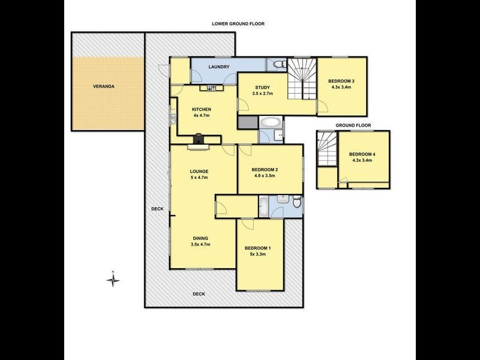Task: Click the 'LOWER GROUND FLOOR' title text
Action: tap(238, 24)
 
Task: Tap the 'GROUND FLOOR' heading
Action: tap(353, 125)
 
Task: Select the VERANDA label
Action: tap(103, 86)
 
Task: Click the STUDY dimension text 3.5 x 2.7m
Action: tap(263, 94)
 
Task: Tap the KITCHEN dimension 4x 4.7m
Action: tap(201, 115)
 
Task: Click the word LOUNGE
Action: tap(199, 172)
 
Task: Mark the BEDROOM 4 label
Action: tap(362, 155)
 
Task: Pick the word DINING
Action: tap(200, 238)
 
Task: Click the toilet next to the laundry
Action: tap(275, 64)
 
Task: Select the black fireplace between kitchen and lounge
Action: tap(199, 141)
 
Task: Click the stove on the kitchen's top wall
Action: tap(212, 89)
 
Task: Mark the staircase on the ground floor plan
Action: tap(326, 149)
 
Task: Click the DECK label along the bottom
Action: tap(199, 294)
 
